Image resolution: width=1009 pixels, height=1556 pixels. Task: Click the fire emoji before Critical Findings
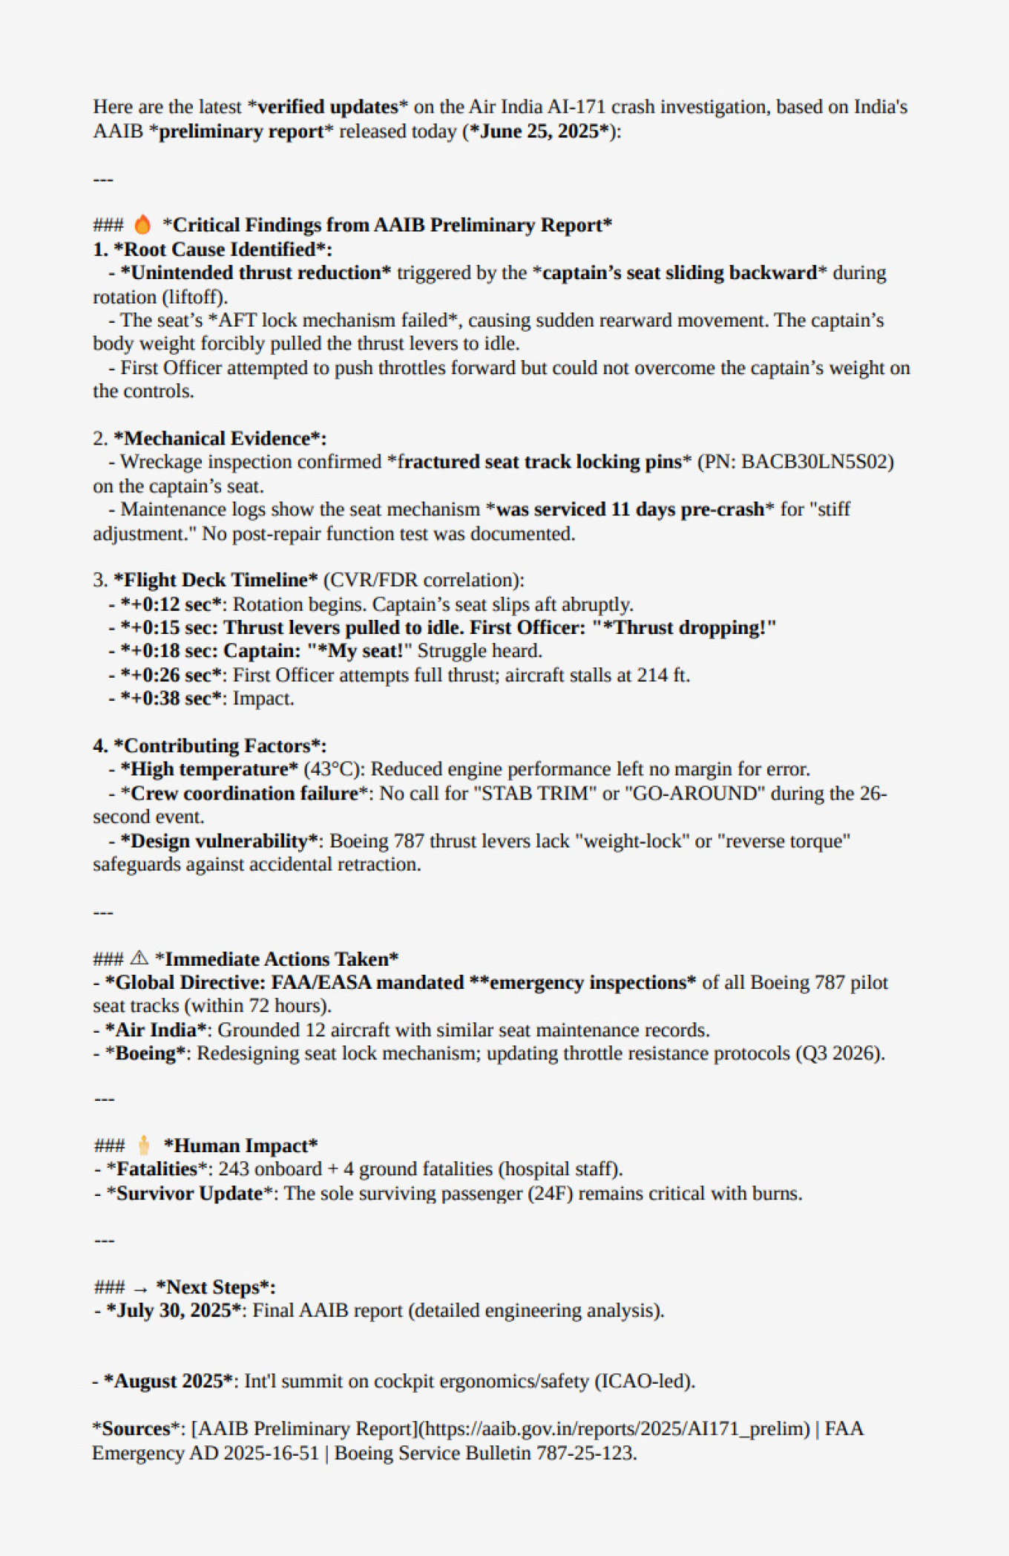pos(142,224)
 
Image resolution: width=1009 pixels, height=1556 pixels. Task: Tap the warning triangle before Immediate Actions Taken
pos(139,958)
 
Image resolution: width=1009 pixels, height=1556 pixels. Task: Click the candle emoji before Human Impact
pos(144,1145)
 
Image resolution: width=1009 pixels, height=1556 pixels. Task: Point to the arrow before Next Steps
pos(140,1288)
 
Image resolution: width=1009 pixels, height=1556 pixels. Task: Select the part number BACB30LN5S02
pos(816,462)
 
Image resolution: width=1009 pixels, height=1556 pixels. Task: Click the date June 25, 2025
pos(539,131)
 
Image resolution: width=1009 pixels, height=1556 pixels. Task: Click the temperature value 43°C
pos(332,769)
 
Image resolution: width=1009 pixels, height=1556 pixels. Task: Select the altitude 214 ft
pos(662,676)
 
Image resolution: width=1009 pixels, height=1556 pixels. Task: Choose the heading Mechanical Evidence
pos(220,439)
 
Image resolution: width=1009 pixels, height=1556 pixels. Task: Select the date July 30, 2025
pos(174,1310)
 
